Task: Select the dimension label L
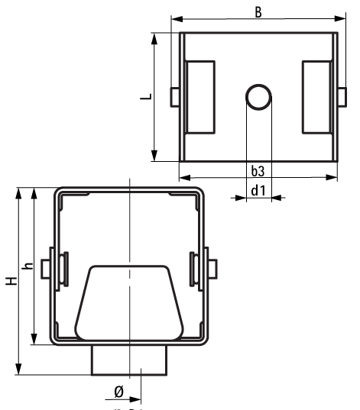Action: point(146,97)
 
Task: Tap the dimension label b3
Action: point(258,169)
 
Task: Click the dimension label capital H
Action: point(10,282)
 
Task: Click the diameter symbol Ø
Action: point(118,392)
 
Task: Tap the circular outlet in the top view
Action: point(258,97)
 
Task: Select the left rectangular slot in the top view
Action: point(201,97)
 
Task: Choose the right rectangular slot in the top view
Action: point(316,97)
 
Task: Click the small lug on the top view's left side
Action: point(175,96)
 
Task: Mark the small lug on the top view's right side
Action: point(341,96)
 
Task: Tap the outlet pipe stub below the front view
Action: point(129,360)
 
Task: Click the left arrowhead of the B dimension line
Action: point(175,18)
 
